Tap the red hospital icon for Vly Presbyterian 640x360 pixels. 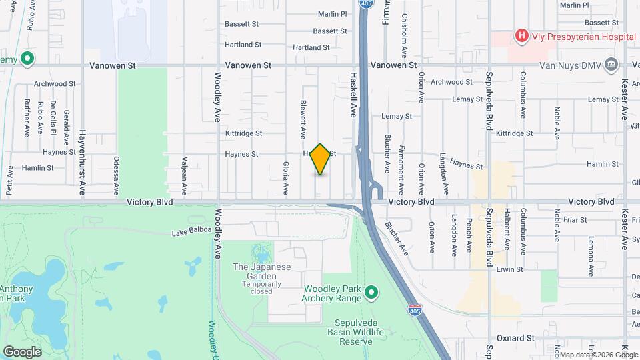521,36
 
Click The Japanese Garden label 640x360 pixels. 259,267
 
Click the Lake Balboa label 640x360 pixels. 191,231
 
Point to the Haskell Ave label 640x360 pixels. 354,95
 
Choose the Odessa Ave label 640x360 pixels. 116,172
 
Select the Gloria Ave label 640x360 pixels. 285,177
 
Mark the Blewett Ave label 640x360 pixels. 303,115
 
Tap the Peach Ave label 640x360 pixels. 469,236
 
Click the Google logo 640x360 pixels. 22,351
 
